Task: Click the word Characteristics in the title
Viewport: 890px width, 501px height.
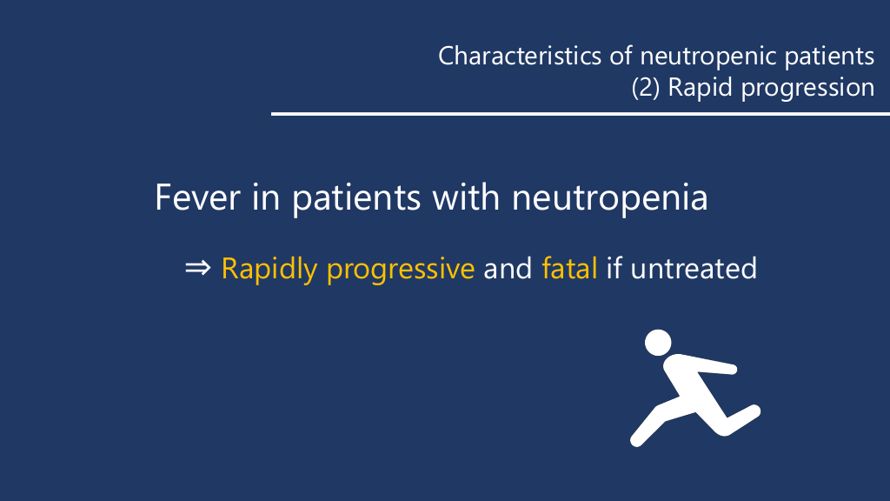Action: (520, 56)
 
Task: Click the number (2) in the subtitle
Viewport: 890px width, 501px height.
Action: (646, 88)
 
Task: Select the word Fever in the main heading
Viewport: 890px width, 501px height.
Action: (197, 197)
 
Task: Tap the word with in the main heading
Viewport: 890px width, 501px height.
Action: (466, 197)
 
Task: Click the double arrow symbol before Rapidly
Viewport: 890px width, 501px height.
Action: (197, 268)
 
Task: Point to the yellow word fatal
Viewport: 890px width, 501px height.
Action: (569, 268)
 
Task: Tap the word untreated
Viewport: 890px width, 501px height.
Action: (694, 268)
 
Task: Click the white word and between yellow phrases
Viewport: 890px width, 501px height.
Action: (508, 268)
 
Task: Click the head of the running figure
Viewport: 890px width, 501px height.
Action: (658, 343)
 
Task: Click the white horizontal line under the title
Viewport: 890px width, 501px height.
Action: (581, 114)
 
